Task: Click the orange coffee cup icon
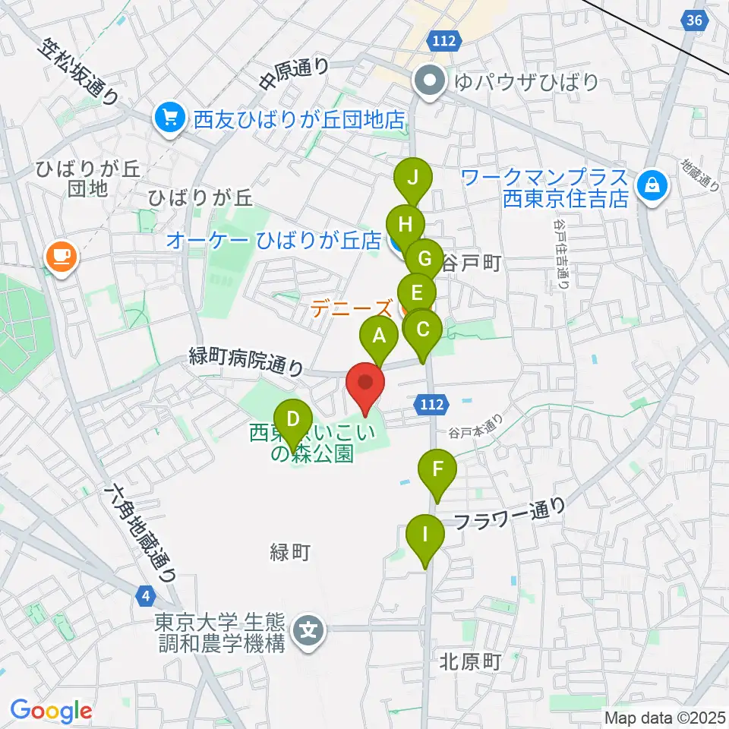(x=60, y=256)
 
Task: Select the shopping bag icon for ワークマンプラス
(x=651, y=186)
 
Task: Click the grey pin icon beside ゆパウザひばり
(x=429, y=81)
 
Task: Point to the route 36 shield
(x=693, y=21)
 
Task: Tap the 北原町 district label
(x=469, y=662)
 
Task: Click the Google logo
(x=52, y=711)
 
